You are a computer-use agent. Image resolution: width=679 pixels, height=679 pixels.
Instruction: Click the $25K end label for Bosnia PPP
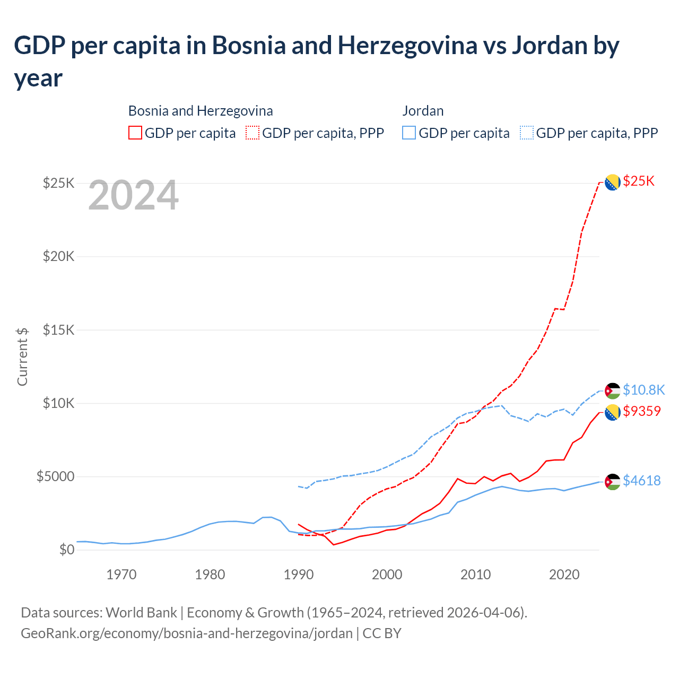click(639, 181)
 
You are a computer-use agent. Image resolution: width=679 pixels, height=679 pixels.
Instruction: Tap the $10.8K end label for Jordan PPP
click(643, 390)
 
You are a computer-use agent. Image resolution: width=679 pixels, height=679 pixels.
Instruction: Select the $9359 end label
click(642, 411)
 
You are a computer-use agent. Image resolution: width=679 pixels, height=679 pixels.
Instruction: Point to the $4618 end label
click(642, 481)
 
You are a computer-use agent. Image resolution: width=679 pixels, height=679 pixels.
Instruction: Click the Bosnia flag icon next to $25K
click(613, 182)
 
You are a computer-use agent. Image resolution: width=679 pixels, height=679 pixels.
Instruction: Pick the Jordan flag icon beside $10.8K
click(613, 391)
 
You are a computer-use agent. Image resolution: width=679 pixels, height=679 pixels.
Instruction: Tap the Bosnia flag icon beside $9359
click(613, 412)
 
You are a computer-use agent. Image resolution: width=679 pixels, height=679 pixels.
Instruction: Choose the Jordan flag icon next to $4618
click(613, 482)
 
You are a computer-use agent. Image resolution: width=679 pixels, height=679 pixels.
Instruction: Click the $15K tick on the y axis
click(59, 330)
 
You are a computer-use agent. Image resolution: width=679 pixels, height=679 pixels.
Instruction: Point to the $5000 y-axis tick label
click(55, 476)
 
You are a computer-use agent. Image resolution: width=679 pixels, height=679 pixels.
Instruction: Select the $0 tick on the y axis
click(67, 550)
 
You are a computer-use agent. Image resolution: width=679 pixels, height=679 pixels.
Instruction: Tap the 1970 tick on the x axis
click(121, 574)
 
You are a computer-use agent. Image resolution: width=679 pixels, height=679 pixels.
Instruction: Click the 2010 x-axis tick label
click(476, 574)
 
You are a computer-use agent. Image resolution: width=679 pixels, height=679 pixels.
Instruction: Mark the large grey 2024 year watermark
click(133, 196)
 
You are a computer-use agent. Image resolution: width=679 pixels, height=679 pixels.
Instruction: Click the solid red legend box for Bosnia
click(135, 133)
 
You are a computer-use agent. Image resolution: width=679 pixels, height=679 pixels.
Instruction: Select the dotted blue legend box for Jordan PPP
click(527, 133)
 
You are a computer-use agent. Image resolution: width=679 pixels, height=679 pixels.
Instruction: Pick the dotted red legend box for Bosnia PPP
click(253, 133)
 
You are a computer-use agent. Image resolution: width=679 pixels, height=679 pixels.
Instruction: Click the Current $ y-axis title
click(22, 356)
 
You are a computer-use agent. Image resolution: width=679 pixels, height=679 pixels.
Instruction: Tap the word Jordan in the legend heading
click(423, 111)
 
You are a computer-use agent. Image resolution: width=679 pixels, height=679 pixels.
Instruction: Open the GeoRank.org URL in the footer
click(187, 633)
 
